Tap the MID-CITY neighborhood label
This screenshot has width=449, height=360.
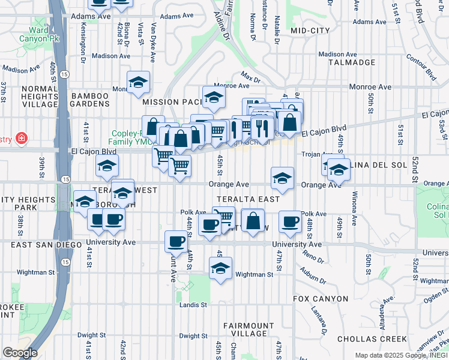[310, 30]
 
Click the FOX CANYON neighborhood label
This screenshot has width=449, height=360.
[321, 298]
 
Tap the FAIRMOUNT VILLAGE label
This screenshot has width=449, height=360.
[249, 329]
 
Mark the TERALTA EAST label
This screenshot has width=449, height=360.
[249, 199]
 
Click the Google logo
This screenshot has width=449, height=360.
[19, 353]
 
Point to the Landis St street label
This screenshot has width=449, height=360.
[193, 305]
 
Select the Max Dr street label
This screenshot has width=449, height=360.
[251, 77]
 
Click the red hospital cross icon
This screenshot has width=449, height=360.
[22, 139]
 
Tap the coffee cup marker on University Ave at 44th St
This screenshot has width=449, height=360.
[176, 241]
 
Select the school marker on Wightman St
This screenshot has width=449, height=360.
[220, 268]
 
